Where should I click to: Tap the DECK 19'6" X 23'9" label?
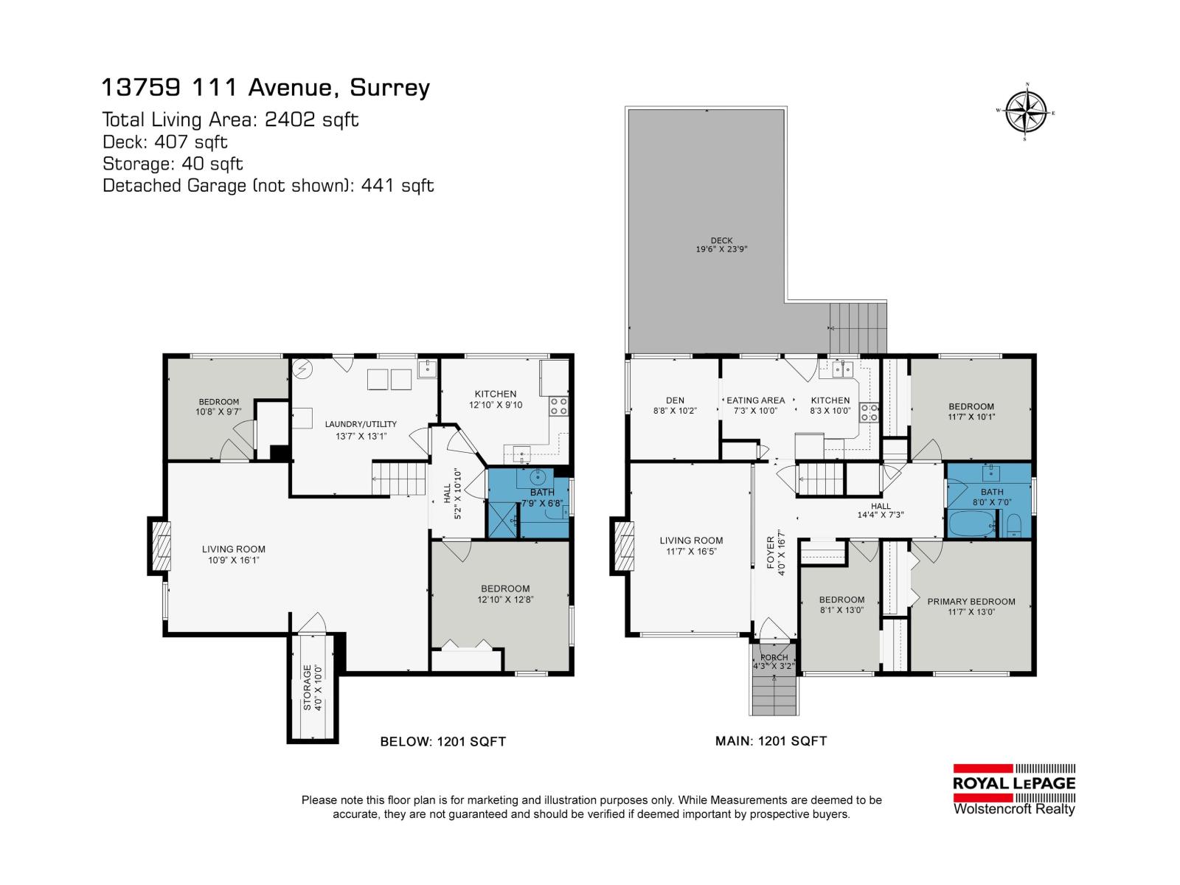(721, 245)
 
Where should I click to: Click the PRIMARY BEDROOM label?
(971, 606)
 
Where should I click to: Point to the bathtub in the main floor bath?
(971, 524)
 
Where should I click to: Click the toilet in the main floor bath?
(1015, 525)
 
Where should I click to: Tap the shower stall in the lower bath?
(503, 521)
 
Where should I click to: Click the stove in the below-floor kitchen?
(558, 405)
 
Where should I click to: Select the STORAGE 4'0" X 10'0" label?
(313, 687)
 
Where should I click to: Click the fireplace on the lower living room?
(161, 546)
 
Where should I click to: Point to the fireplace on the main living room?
(622, 546)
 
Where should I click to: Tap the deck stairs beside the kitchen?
(858, 329)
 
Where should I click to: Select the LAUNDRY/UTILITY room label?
(361, 429)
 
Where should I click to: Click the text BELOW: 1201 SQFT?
(442, 741)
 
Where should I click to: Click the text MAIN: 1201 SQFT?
(771, 740)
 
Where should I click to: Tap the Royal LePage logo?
(1014, 788)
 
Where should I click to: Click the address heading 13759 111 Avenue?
(265, 88)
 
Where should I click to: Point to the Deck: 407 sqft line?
(164, 141)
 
